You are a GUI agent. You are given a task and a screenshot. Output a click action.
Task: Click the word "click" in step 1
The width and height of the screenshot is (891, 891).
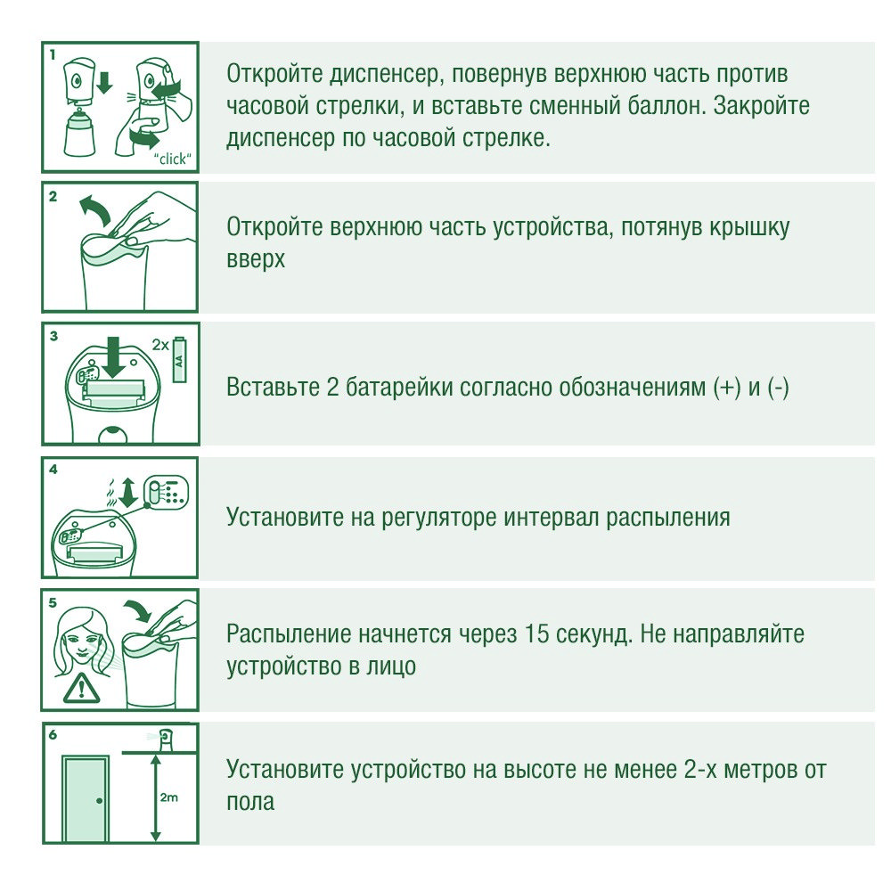pos(175,160)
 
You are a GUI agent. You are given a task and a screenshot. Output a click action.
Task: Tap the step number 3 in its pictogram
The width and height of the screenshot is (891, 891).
pos(54,336)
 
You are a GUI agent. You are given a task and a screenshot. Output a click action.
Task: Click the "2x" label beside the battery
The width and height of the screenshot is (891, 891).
pos(159,343)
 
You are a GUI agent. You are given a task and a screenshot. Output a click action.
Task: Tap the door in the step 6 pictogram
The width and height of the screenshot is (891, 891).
pos(86,798)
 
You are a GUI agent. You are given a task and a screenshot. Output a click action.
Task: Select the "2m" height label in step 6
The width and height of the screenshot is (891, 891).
pos(169,797)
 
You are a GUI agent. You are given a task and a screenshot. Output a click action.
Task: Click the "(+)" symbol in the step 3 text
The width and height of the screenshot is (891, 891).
pos(728,388)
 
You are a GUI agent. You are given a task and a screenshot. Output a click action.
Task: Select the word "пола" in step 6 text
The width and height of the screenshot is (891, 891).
pos(250,800)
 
